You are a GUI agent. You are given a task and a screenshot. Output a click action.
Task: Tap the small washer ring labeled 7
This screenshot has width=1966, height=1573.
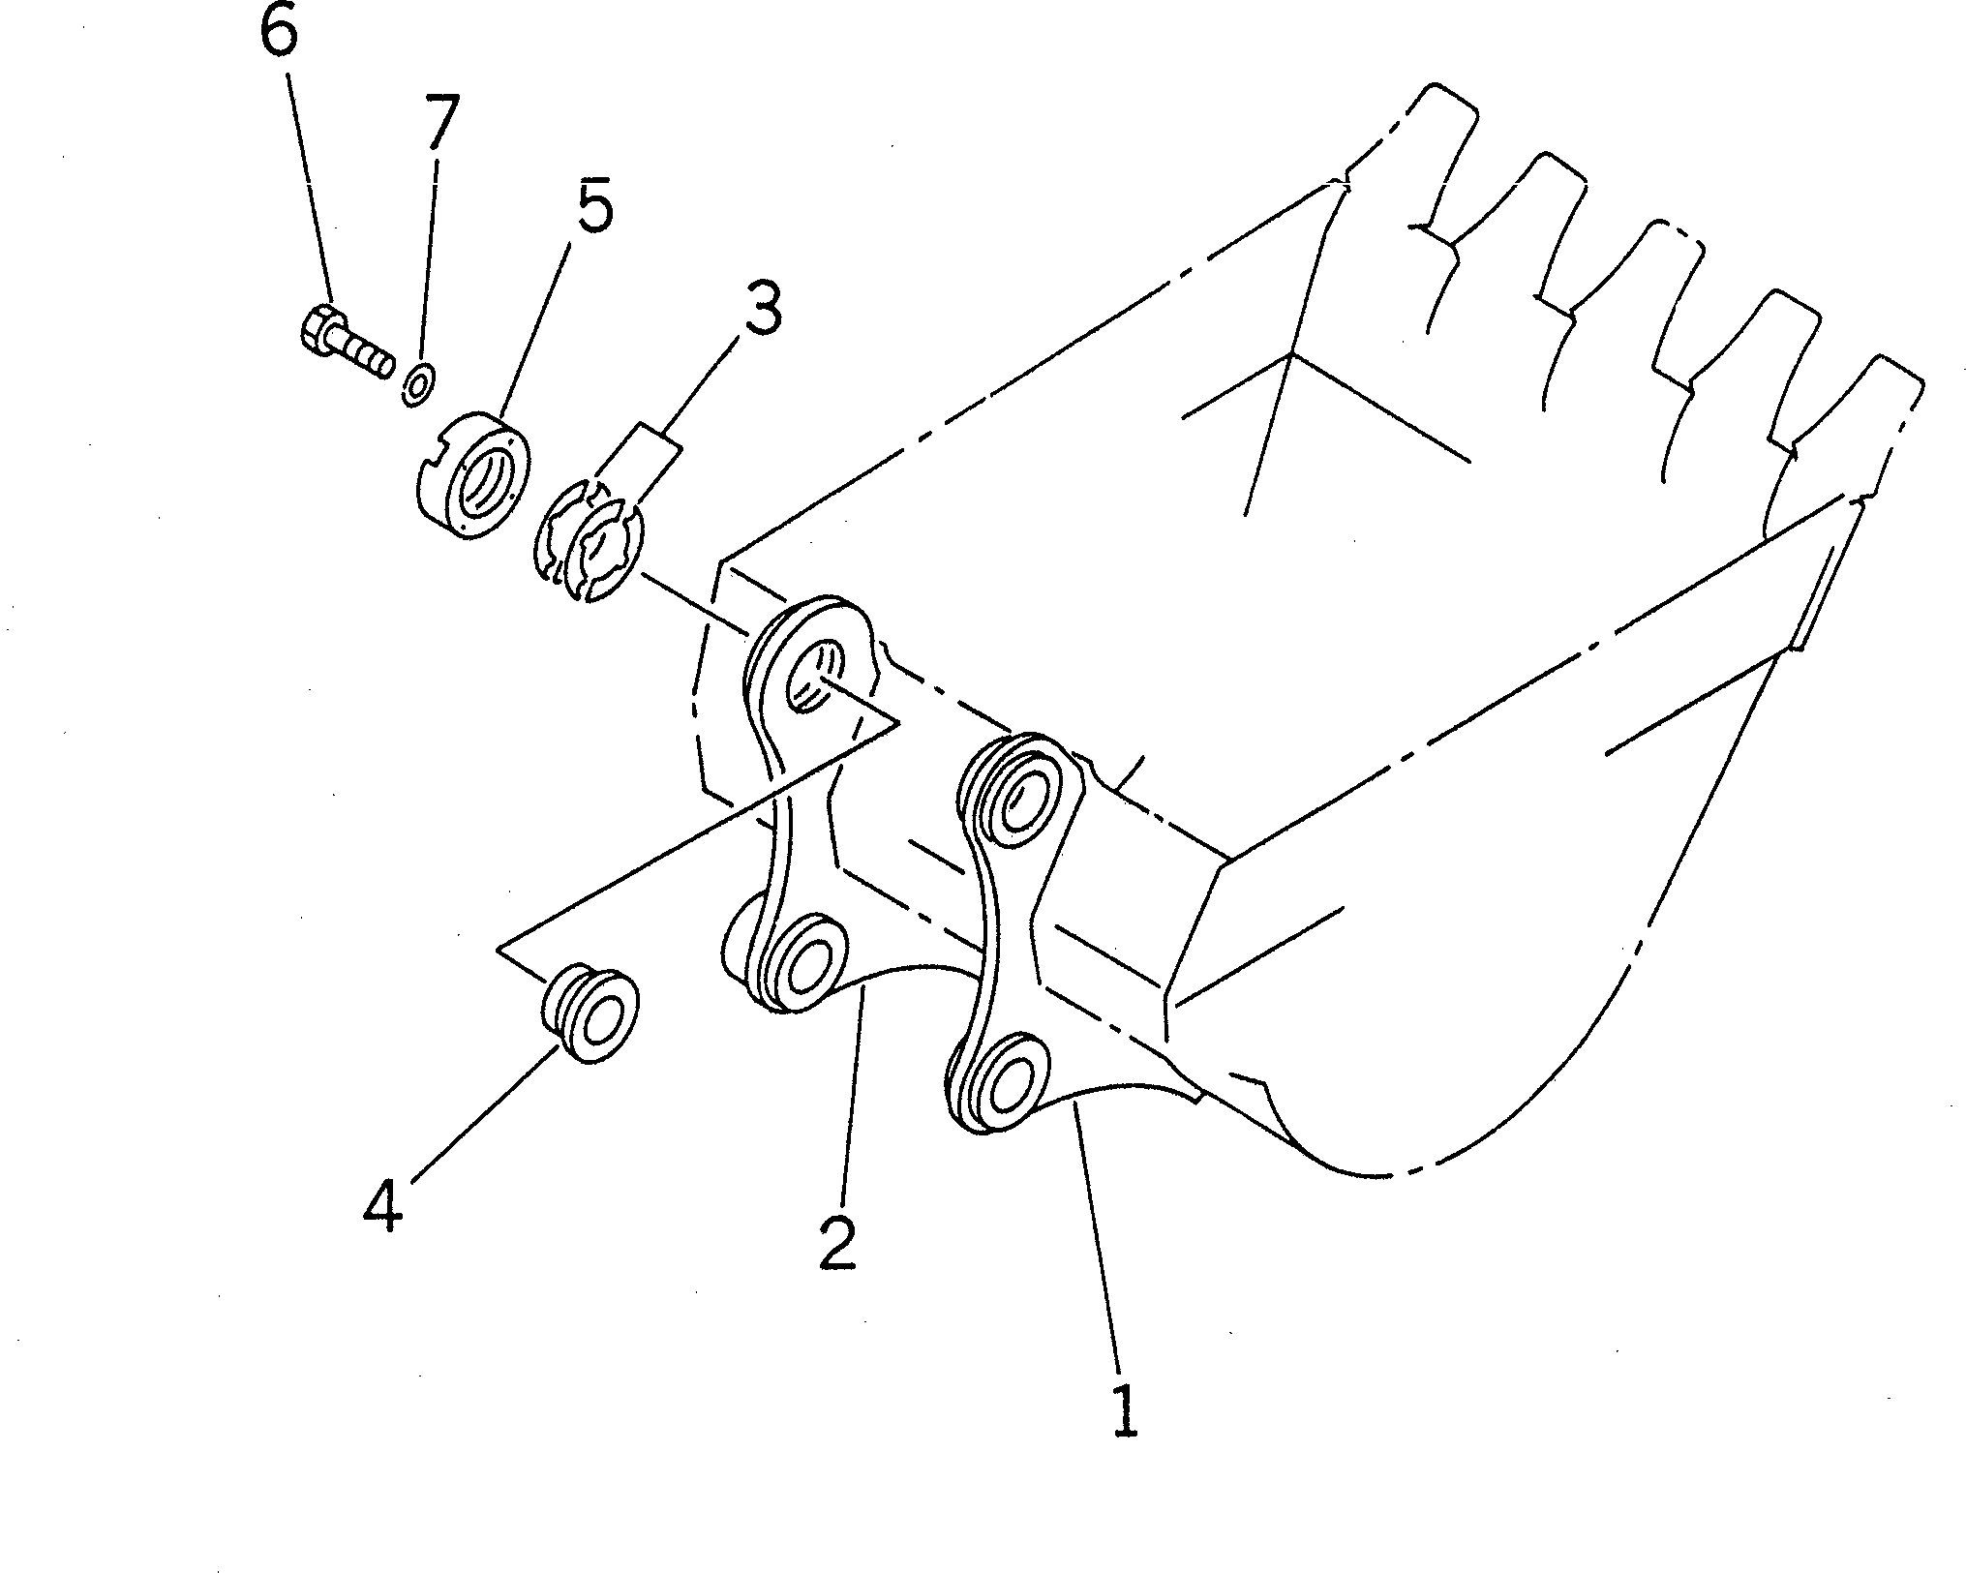tap(418, 386)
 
